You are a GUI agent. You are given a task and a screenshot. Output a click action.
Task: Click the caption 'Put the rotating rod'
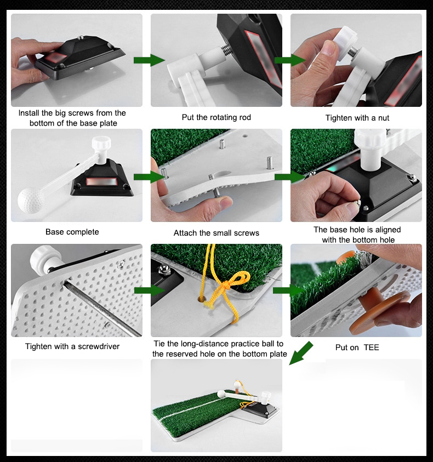[x=216, y=117]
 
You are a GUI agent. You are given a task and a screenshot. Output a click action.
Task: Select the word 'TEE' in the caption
[x=371, y=347]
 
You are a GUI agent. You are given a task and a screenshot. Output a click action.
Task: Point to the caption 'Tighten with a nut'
[x=357, y=118]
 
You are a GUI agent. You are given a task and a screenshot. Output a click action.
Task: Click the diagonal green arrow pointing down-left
[x=301, y=353]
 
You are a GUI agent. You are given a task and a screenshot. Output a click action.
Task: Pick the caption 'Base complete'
[x=72, y=232]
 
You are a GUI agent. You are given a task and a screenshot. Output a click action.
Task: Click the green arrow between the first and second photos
[x=149, y=60]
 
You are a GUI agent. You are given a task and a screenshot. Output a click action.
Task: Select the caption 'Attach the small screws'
[x=216, y=233]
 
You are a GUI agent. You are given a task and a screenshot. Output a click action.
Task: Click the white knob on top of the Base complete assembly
[x=101, y=143]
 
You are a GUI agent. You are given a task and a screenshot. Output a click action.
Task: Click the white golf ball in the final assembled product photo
[x=221, y=394]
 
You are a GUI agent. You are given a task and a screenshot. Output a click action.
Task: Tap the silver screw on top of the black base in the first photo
[x=80, y=37]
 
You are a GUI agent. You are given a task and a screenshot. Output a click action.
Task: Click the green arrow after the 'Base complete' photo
[x=149, y=177]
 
